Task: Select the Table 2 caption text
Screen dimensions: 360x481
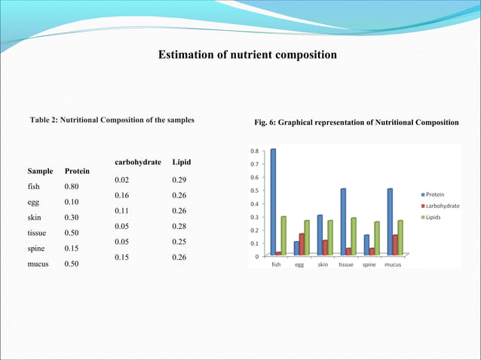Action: click(x=112, y=120)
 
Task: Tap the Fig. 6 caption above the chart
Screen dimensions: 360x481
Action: click(x=357, y=122)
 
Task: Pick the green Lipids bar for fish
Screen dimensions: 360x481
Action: click(x=283, y=236)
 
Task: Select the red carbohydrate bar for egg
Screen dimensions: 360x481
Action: click(x=302, y=244)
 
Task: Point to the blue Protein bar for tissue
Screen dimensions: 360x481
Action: click(x=343, y=221)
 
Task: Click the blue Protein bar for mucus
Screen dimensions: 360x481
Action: click(x=390, y=221)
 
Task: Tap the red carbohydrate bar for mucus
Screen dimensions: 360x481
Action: click(x=395, y=245)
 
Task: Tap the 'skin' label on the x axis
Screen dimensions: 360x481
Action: click(x=323, y=265)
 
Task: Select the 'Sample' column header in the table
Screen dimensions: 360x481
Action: click(x=41, y=171)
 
